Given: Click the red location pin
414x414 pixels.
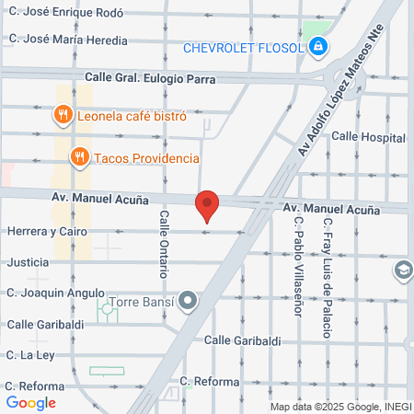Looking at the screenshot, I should pyautogui.click(x=207, y=205).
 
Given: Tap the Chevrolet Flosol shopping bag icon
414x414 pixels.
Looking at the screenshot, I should pyautogui.click(x=318, y=48).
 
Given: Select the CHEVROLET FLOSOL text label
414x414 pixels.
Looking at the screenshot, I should pyautogui.click(x=243, y=48).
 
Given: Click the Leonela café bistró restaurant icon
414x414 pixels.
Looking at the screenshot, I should pyautogui.click(x=63, y=116).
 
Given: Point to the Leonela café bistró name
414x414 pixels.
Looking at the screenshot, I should pyautogui.click(x=132, y=116).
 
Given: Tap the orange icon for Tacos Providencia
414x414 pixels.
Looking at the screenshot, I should pyautogui.click(x=80, y=158).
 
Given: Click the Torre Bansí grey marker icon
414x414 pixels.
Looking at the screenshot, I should pyautogui.click(x=188, y=301).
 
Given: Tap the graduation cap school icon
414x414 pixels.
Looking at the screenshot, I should pyautogui.click(x=402, y=270).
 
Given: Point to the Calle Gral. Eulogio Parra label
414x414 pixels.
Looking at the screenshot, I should pyautogui.click(x=151, y=78).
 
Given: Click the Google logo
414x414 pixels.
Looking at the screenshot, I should pyautogui.click(x=30, y=402).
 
